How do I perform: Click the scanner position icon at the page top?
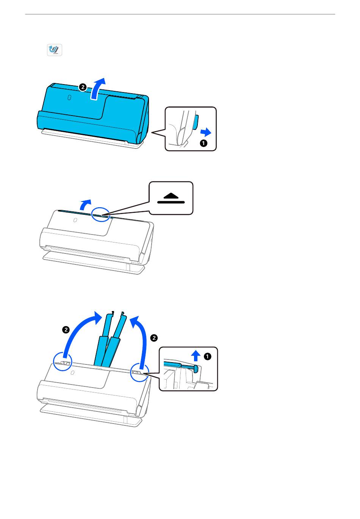pos(54,50)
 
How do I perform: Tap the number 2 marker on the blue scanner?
pos(83,88)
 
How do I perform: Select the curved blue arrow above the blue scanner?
pos(97,89)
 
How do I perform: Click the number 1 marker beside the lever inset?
pos(203,143)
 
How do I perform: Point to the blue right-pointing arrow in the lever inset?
pos(206,133)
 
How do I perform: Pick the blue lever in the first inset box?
pos(195,122)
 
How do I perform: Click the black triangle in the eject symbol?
pos(171,196)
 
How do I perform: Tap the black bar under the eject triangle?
pos(171,202)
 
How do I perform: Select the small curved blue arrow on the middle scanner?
pos(85,204)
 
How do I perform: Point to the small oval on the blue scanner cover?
pos(69,97)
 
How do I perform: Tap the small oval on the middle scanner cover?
pos(75,220)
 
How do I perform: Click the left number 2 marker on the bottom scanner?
pos(66,330)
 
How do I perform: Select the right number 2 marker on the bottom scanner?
pos(154,338)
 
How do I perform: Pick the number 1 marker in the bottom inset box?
pos(207,356)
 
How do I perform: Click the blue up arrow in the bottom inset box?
pos(196,356)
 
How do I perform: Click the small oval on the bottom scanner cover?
pos(72,372)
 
